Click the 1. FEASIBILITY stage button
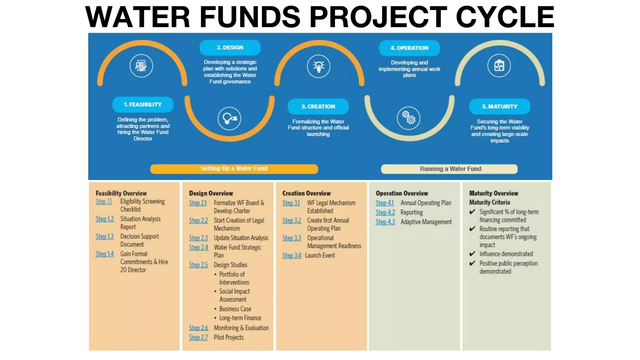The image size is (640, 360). (143, 105)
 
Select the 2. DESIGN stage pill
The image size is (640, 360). (230, 47)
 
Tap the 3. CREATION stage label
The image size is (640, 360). (318, 107)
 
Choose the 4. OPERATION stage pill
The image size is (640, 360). (409, 48)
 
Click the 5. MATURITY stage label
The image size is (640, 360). (499, 107)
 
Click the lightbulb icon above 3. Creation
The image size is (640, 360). (318, 66)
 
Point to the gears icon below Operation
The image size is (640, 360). (408, 118)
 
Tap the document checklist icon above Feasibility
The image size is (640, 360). (141, 66)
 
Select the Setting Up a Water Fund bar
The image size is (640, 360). (234, 169)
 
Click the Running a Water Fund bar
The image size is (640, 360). (449, 169)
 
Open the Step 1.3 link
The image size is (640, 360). (104, 237)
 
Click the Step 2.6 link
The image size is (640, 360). (198, 328)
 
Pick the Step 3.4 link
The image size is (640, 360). (292, 256)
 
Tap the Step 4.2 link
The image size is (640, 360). (385, 212)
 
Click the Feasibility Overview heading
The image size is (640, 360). (121, 193)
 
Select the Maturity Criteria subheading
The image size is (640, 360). (489, 202)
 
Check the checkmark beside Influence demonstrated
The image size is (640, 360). (472, 254)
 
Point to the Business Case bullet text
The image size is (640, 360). (235, 309)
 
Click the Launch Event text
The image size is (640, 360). (320, 256)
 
